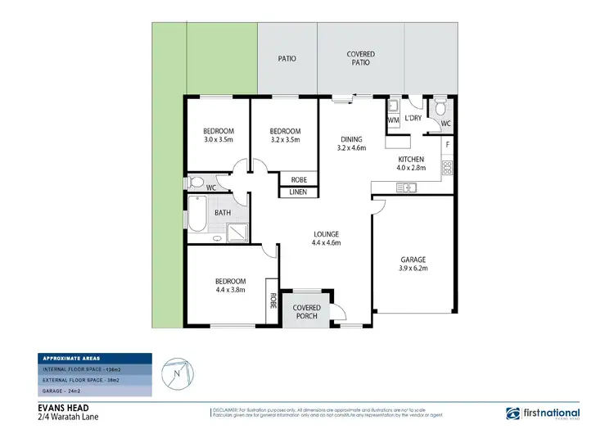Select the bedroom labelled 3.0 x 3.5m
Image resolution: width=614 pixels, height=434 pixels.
point(219,135)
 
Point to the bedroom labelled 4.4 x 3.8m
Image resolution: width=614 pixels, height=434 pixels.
point(219,290)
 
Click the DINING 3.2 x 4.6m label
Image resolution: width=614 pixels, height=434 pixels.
point(351,143)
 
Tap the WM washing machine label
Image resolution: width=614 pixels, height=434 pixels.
point(392,120)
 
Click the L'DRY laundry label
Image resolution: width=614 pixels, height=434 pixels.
point(413,116)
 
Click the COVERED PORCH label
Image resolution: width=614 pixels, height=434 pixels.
point(307,312)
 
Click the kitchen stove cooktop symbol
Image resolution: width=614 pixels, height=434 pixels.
point(447,169)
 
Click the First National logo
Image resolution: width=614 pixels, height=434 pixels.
point(543,414)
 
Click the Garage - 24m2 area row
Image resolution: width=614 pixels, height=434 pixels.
point(65,390)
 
